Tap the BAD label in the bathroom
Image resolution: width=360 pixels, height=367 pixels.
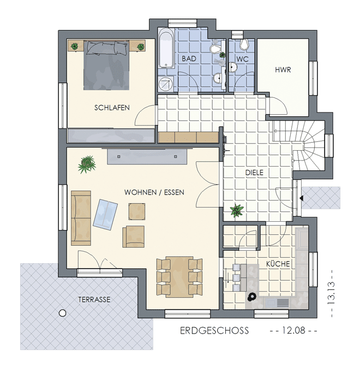point(189,58)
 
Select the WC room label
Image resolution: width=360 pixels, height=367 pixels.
point(242,59)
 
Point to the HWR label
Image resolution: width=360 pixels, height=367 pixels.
point(283,70)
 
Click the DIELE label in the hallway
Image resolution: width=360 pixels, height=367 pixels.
point(254,173)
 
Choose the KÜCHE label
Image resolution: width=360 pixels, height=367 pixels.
point(278,264)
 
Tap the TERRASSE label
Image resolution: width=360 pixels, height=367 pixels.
point(94,300)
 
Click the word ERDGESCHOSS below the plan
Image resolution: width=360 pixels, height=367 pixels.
point(214,330)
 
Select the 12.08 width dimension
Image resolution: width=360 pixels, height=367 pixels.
point(293,330)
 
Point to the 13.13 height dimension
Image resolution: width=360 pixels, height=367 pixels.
point(331,293)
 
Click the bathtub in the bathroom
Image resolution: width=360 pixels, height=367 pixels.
point(166,48)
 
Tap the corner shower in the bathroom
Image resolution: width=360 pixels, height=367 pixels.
point(166,84)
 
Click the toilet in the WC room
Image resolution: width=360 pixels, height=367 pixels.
point(244,44)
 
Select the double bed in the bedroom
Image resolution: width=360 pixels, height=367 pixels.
point(106,65)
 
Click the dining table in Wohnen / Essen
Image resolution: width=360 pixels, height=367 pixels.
point(179,277)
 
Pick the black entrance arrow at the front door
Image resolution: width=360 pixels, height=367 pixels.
point(301,198)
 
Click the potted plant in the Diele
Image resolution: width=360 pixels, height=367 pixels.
point(237,210)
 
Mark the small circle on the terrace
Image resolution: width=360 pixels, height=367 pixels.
point(62,313)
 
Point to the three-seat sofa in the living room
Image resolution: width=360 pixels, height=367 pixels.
point(81,218)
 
